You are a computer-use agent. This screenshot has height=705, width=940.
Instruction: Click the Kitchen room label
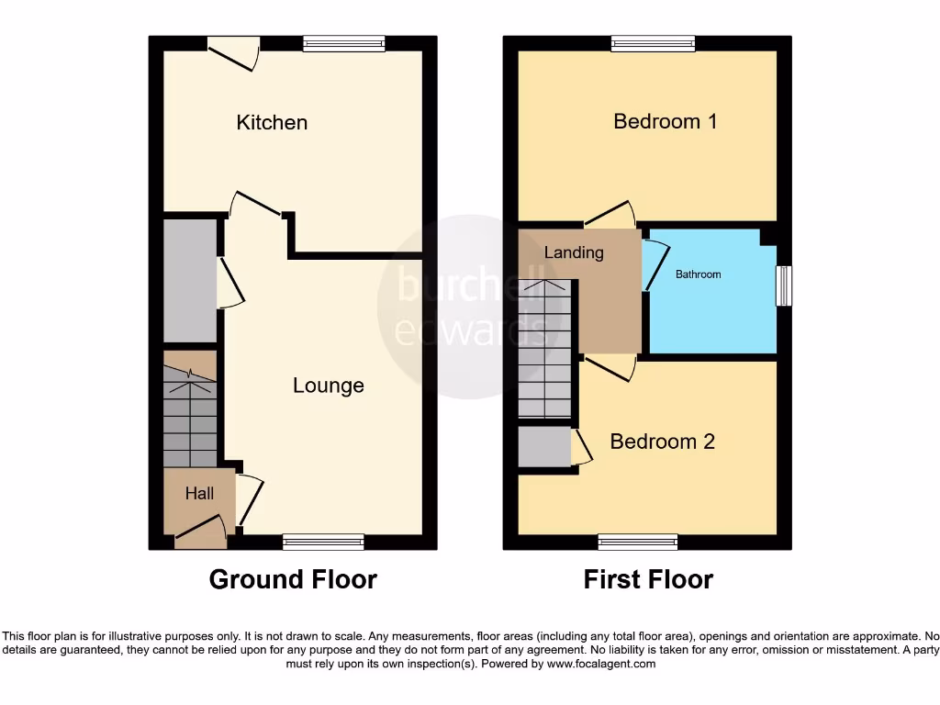[x=272, y=122]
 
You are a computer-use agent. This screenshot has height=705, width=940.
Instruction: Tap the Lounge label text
[x=328, y=386]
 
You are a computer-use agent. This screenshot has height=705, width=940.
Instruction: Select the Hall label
[x=199, y=494]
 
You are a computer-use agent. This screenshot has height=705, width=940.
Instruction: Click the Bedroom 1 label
[x=665, y=121]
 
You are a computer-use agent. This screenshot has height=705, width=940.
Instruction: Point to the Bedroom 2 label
[x=662, y=442]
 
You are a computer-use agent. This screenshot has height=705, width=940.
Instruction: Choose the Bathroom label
[x=699, y=274]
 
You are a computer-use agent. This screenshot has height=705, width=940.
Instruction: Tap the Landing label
[x=574, y=252]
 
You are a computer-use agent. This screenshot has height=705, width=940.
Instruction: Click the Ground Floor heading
[x=293, y=579]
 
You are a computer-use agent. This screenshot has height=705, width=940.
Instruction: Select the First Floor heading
[x=648, y=579]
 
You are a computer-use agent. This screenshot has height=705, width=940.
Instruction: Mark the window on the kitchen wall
[x=343, y=43]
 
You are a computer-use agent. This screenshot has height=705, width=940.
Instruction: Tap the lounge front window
[x=323, y=543]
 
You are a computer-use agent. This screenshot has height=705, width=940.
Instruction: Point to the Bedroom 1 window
[x=654, y=43]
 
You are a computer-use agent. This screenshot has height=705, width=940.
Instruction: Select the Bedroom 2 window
[x=638, y=543]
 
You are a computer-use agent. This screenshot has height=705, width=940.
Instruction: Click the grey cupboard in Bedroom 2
[x=544, y=447]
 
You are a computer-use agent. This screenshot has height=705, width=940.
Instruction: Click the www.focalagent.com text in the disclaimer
[x=602, y=664]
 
